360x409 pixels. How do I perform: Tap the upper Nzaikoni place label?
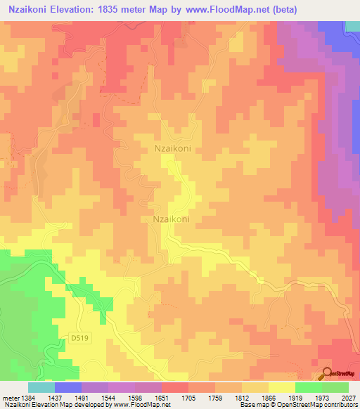[172, 149]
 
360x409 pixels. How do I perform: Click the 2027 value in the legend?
[347, 397]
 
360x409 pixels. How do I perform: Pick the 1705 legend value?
[188, 397]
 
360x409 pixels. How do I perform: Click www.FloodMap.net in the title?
[221, 10]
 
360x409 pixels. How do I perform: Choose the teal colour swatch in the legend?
[41, 387]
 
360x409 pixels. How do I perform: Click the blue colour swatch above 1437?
[68, 387]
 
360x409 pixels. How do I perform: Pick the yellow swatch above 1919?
[281, 387]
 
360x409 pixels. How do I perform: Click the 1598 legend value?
[135, 397]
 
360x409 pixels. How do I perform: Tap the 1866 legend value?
[268, 397]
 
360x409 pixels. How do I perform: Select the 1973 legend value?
[321, 397]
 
